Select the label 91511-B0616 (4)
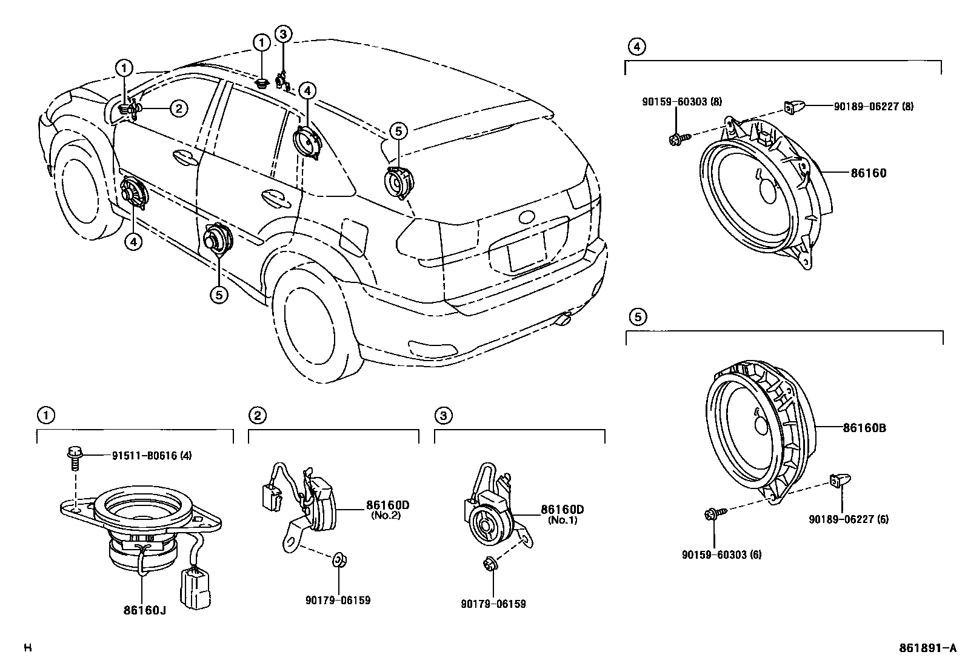(x=152, y=456)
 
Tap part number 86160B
(x=864, y=428)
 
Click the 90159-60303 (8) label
(x=682, y=102)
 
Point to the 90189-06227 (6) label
(x=849, y=519)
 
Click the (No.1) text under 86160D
(x=563, y=520)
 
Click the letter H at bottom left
(x=27, y=648)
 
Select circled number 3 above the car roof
(x=283, y=34)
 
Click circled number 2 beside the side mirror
(x=178, y=108)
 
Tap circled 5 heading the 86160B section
(x=637, y=316)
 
